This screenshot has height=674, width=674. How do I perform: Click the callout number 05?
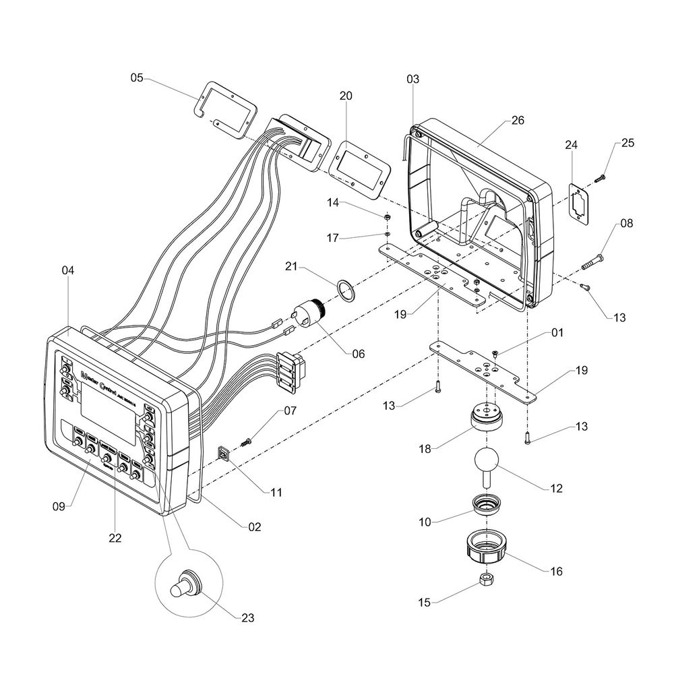pyautogui.click(x=137, y=78)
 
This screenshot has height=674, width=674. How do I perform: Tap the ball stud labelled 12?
pyautogui.click(x=486, y=464)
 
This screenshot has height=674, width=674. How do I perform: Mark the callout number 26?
pyautogui.click(x=518, y=121)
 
